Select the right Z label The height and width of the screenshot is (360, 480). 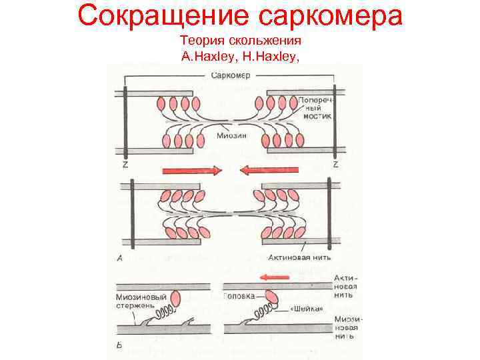point(335,164)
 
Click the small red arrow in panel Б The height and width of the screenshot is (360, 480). point(275,277)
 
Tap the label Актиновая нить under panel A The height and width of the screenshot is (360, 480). point(299,256)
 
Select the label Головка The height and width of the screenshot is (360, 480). point(240,296)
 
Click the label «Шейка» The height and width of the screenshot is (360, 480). point(307,309)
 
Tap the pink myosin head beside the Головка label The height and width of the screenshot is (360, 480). point(271,296)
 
